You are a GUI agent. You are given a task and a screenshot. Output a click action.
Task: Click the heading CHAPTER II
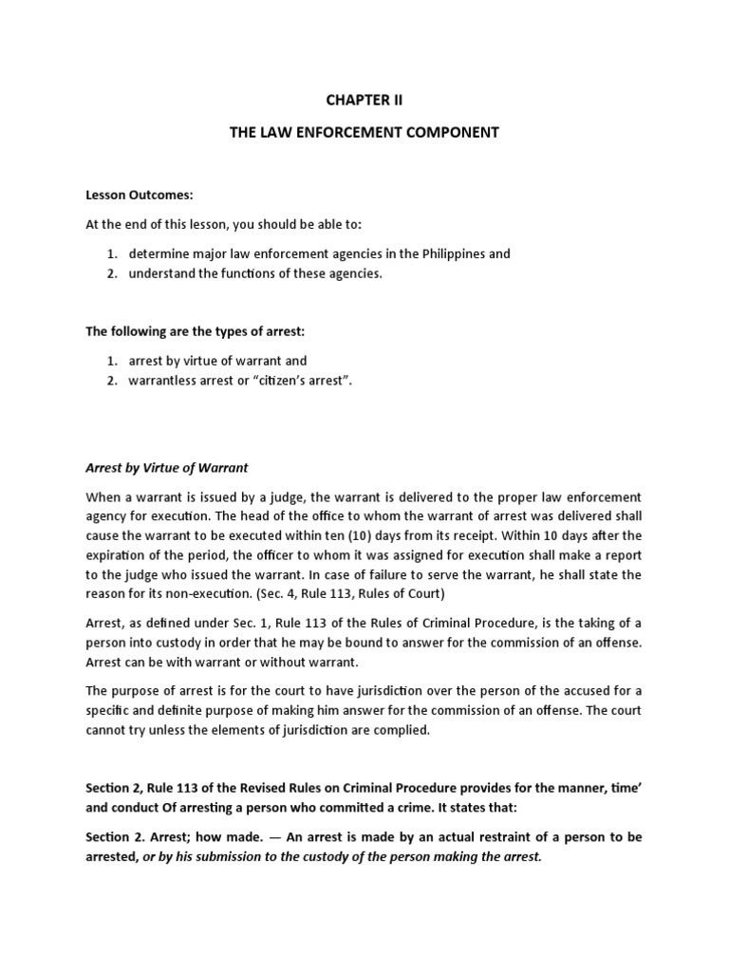click(x=364, y=100)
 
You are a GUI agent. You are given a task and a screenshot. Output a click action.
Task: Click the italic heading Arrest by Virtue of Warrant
click(x=166, y=468)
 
